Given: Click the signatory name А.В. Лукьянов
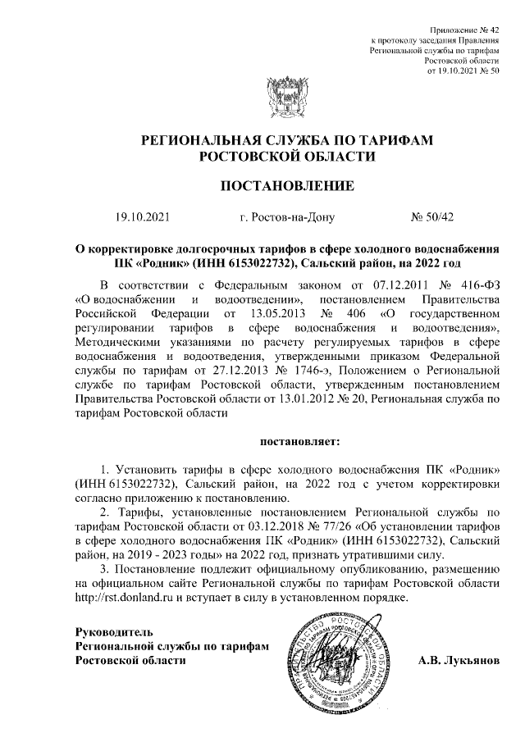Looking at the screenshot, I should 458,660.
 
